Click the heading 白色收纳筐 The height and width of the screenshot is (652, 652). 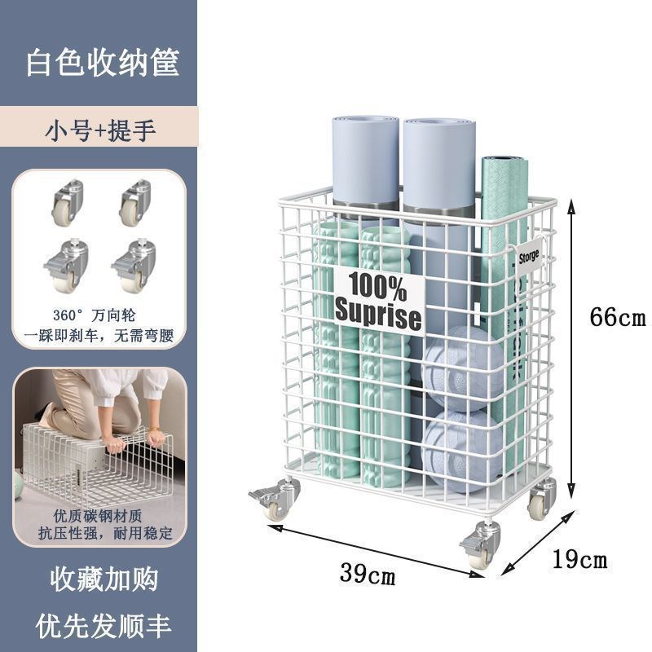pyautogui.click(x=103, y=64)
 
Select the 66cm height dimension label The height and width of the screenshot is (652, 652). pyautogui.click(x=618, y=317)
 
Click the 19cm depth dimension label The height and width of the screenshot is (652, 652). pyautogui.click(x=579, y=559)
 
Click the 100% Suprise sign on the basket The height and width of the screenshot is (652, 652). pyautogui.click(x=378, y=301)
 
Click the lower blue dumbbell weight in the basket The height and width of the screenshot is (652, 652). pyautogui.click(x=461, y=450)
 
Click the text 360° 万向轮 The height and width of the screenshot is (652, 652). pyautogui.click(x=99, y=315)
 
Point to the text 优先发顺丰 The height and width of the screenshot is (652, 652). pyautogui.click(x=103, y=625)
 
